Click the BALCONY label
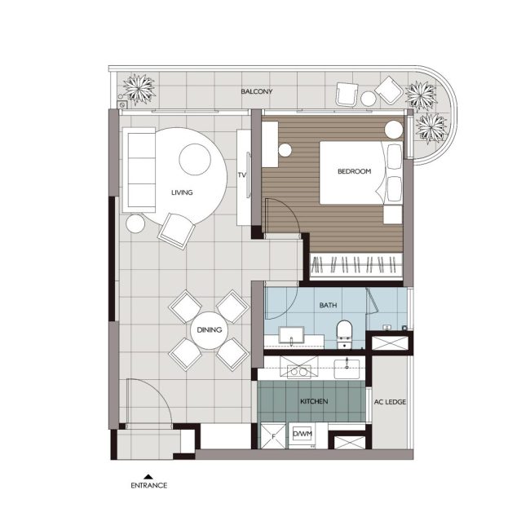tap(257, 91)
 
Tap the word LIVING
tap(182, 192)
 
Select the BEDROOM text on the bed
tap(354, 171)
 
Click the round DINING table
tap(210, 330)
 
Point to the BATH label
tap(328, 305)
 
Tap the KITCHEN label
tap(314, 401)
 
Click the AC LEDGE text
tap(390, 402)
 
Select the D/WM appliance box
tap(303, 434)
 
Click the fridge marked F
tap(273, 436)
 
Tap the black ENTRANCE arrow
tap(148, 477)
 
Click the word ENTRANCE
tap(148, 485)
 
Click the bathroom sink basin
tap(291, 334)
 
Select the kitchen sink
tap(347, 369)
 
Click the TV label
tap(241, 175)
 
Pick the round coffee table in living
tap(195, 160)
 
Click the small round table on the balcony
tap(368, 99)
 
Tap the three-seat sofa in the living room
tap(139, 170)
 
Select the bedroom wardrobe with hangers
tap(356, 266)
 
